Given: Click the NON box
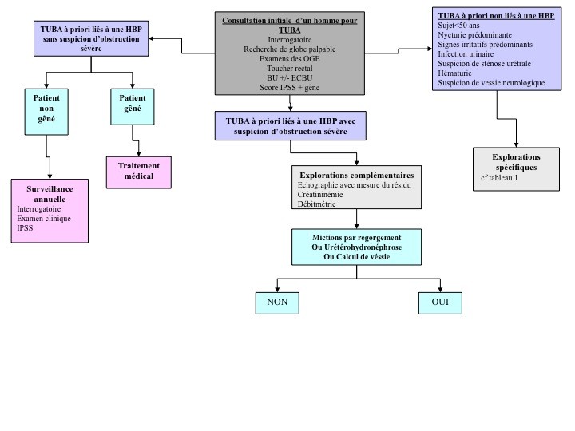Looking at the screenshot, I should coord(277,303).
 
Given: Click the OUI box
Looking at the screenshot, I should coord(440,303).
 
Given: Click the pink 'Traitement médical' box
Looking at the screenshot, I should coord(139,171).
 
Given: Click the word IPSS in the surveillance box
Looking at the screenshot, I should coord(26,227).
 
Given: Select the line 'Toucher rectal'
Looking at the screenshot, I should coord(289,69).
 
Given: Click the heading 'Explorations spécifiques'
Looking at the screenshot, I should coord(515,163).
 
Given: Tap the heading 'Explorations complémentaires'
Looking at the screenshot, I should coord(355,174).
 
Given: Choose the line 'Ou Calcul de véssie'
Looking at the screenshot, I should coord(355,257).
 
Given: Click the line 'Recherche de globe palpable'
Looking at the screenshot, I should coord(289,49).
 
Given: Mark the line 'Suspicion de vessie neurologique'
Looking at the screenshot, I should coord(491,82).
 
